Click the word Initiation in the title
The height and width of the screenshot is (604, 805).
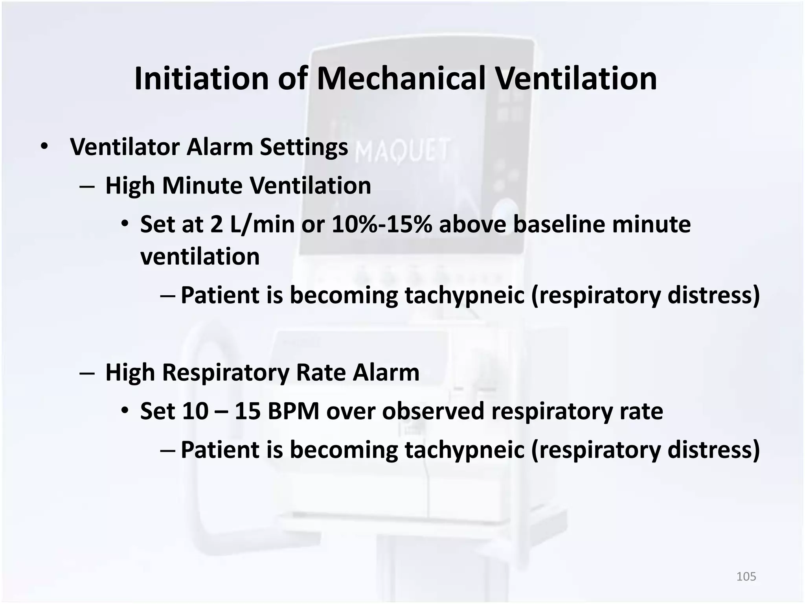click(201, 79)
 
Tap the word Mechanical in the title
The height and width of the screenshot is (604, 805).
click(401, 79)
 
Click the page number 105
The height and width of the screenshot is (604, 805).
click(746, 576)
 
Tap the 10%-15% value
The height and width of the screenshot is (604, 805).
click(382, 225)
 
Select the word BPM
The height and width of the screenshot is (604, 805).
click(293, 411)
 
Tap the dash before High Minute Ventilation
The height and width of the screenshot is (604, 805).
click(86, 186)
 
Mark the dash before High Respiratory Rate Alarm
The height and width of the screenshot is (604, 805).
click(86, 373)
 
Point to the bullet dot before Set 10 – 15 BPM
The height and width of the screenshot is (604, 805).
click(125, 411)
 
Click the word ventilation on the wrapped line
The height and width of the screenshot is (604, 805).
click(200, 257)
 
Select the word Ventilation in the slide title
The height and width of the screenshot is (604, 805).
click(575, 79)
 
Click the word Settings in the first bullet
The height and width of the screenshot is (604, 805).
click(303, 147)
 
